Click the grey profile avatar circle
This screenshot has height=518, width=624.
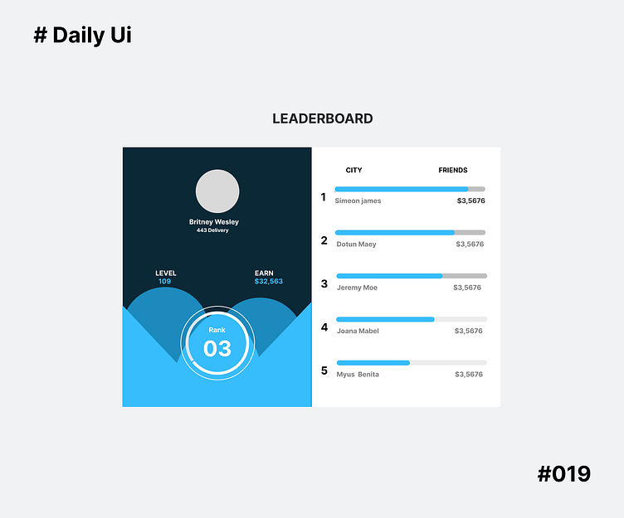coord(217,191)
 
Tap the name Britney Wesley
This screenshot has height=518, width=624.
coord(213,222)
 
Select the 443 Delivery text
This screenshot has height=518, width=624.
coord(212,230)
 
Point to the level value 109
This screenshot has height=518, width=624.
coord(164,282)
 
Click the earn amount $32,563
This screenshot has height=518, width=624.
coord(269,282)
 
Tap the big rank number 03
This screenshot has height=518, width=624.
coord(217,348)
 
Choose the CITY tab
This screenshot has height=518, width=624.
coord(353,170)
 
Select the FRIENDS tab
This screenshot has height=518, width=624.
coord(453,170)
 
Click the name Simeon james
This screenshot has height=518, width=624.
coord(358,201)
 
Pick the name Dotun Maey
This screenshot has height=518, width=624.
coord(356,244)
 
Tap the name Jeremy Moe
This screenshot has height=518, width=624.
coord(357,288)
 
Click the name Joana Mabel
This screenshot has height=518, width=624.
coord(358,331)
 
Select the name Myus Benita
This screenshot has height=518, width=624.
coord(358,375)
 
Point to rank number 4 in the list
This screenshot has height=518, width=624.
coord(324,327)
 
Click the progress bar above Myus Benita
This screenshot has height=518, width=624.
coord(411,363)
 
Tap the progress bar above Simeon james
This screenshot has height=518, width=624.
coord(410,189)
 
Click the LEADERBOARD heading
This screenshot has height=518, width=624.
coord(323,119)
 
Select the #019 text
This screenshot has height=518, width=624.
coord(564,474)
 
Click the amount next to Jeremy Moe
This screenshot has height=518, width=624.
coord(467,288)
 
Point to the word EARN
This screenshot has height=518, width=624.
coord(264,273)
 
